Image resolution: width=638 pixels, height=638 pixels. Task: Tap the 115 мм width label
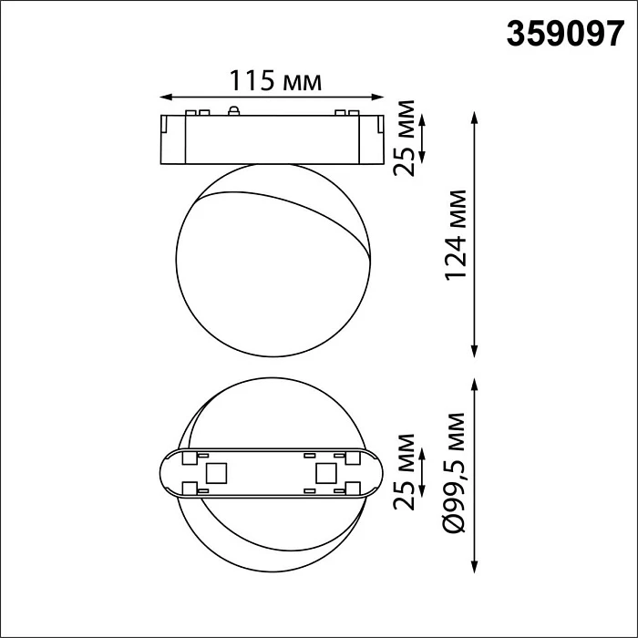271,81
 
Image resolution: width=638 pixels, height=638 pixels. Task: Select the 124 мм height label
453,234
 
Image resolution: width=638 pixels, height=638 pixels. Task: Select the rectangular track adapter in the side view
271,140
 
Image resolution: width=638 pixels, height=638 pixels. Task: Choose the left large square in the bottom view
216,473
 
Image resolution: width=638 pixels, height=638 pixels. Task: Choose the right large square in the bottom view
325,473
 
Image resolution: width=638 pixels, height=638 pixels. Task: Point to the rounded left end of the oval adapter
168,473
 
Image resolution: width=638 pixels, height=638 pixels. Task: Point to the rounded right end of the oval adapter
374,473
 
